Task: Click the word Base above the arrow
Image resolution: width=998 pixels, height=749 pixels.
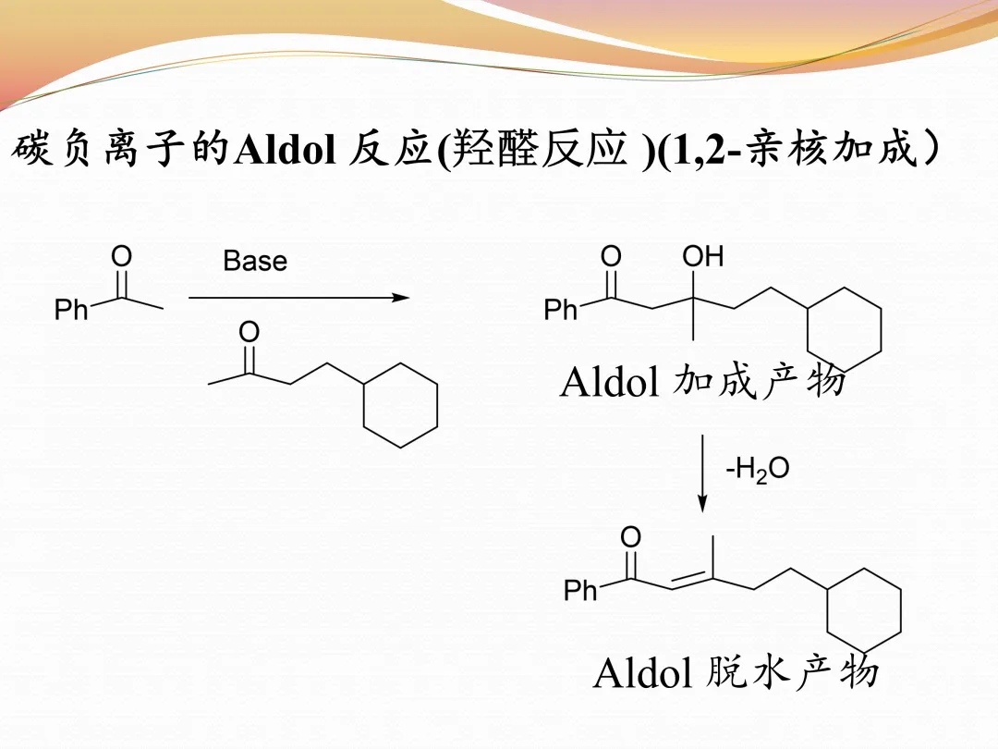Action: pyautogui.click(x=255, y=261)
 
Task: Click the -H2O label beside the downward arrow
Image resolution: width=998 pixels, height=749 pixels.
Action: pyautogui.click(x=757, y=470)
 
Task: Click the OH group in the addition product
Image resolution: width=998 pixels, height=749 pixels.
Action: pyautogui.click(x=703, y=256)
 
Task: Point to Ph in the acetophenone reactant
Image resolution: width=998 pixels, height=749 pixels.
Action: pyautogui.click(x=71, y=310)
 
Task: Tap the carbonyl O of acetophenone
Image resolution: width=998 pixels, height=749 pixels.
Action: pyautogui.click(x=121, y=255)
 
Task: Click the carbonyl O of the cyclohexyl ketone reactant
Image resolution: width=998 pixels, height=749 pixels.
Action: pyautogui.click(x=249, y=331)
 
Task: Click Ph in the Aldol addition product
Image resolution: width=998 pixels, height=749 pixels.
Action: pyautogui.click(x=561, y=310)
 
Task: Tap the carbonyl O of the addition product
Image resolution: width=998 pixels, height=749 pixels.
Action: pyautogui.click(x=611, y=256)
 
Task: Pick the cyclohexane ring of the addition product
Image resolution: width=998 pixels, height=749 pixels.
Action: pyautogui.click(x=844, y=329)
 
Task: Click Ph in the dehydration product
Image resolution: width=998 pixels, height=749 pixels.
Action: pyautogui.click(x=580, y=590)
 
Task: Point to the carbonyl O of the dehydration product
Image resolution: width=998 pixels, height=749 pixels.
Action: pyautogui.click(x=630, y=536)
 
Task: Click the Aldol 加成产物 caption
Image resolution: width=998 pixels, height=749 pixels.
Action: pyautogui.click(x=702, y=381)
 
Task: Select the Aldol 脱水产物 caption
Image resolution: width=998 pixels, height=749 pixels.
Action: pyautogui.click(x=735, y=672)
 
